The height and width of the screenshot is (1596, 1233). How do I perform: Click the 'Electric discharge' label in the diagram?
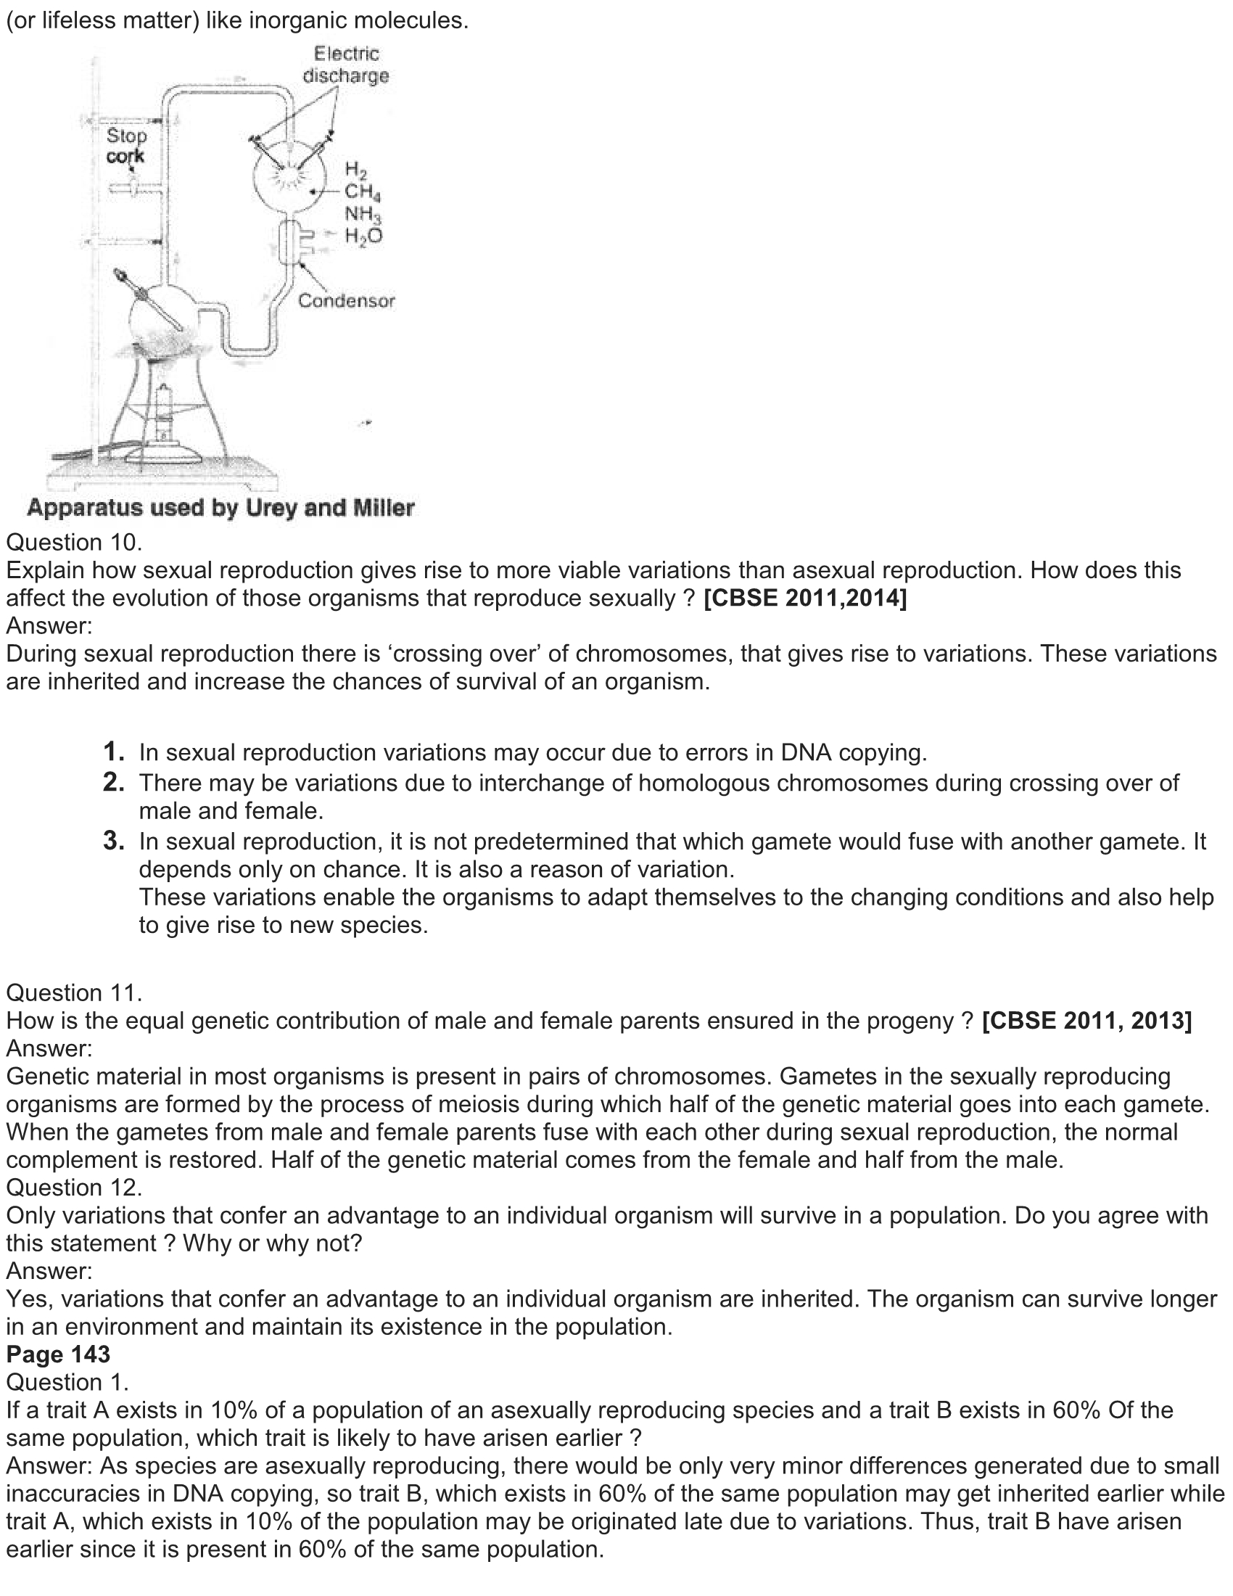tap(345, 65)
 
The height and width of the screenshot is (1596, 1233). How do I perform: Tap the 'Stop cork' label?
tap(126, 145)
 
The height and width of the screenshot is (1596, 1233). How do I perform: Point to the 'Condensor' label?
tap(346, 300)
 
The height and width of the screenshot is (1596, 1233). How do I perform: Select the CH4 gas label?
tap(363, 192)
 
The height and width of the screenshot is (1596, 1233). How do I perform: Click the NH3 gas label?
tap(363, 214)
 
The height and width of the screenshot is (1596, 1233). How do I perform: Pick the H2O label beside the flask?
tap(363, 235)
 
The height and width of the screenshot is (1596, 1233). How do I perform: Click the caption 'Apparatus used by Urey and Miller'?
tap(220, 508)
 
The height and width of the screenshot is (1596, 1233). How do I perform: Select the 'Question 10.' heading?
tap(74, 542)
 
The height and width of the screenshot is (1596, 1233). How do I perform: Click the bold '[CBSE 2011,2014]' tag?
tap(805, 598)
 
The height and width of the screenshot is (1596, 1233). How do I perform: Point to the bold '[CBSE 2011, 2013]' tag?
tap(1087, 1020)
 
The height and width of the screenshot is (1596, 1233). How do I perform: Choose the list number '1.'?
tap(114, 752)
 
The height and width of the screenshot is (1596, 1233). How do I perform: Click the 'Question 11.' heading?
tap(74, 992)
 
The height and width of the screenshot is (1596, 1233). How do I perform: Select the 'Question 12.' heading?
tap(74, 1187)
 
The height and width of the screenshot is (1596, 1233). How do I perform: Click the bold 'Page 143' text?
tap(59, 1354)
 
